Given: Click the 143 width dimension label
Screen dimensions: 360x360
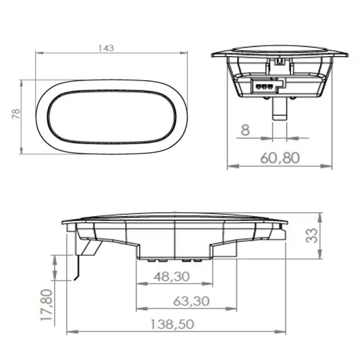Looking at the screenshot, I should (x=106, y=48).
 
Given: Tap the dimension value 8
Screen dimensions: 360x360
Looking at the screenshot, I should (x=246, y=130).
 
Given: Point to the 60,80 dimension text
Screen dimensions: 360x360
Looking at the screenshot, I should (x=280, y=158).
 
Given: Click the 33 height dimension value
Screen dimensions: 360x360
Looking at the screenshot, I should (x=313, y=236).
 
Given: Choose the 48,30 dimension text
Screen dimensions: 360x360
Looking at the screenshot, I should (x=172, y=276).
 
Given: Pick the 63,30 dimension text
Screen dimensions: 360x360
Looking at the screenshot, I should (x=191, y=301).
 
